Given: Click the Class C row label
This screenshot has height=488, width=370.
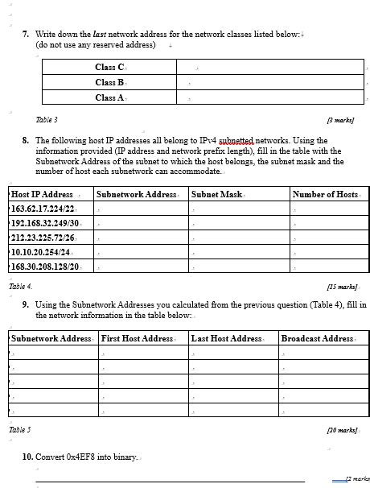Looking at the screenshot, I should coord(109,68).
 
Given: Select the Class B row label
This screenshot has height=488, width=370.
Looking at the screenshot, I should coord(109,82).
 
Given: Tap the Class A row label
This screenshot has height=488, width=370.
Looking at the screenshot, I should coord(109,97).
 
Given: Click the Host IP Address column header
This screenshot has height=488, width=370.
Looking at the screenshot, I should coord(42,194).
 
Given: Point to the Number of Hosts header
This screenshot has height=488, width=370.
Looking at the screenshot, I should coord(325,194).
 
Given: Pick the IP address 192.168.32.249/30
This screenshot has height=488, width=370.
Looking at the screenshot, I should coord(45,223).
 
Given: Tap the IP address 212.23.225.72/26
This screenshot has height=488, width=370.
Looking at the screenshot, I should coord(43,238).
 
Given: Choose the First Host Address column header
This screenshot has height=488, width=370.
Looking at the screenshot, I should coord(137,338).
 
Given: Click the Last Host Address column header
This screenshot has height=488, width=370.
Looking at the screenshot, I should coord(226,338).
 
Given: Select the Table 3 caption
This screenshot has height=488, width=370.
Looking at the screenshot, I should coord(47,119).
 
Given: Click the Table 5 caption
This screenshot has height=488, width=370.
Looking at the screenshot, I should coord(21,430).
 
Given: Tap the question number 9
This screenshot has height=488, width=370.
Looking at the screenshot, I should coord(26,305).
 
